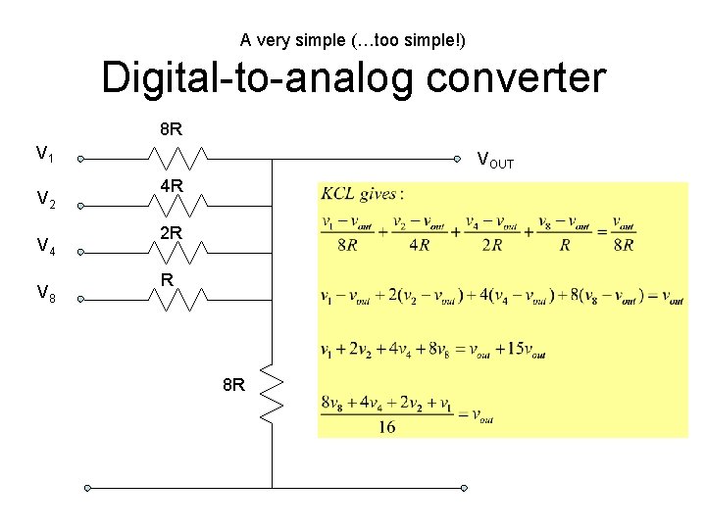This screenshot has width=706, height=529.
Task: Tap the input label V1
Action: (x=45, y=154)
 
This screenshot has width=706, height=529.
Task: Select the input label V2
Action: (x=45, y=200)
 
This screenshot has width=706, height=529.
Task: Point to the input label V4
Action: (x=45, y=246)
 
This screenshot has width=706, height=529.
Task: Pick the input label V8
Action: (x=45, y=291)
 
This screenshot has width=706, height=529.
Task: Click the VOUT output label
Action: (x=494, y=160)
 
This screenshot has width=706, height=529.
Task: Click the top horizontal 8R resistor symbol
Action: (x=177, y=159)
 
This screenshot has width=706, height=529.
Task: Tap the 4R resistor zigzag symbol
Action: (x=177, y=204)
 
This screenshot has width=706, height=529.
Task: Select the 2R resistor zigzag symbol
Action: (x=177, y=250)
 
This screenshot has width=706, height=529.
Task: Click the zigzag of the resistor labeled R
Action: (x=177, y=296)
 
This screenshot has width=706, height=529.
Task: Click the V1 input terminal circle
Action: (x=82, y=159)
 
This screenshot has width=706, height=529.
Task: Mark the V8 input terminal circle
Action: (x=82, y=296)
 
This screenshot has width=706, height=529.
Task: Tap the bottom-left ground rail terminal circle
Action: (x=87, y=487)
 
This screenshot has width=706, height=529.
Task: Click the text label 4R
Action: (x=172, y=184)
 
